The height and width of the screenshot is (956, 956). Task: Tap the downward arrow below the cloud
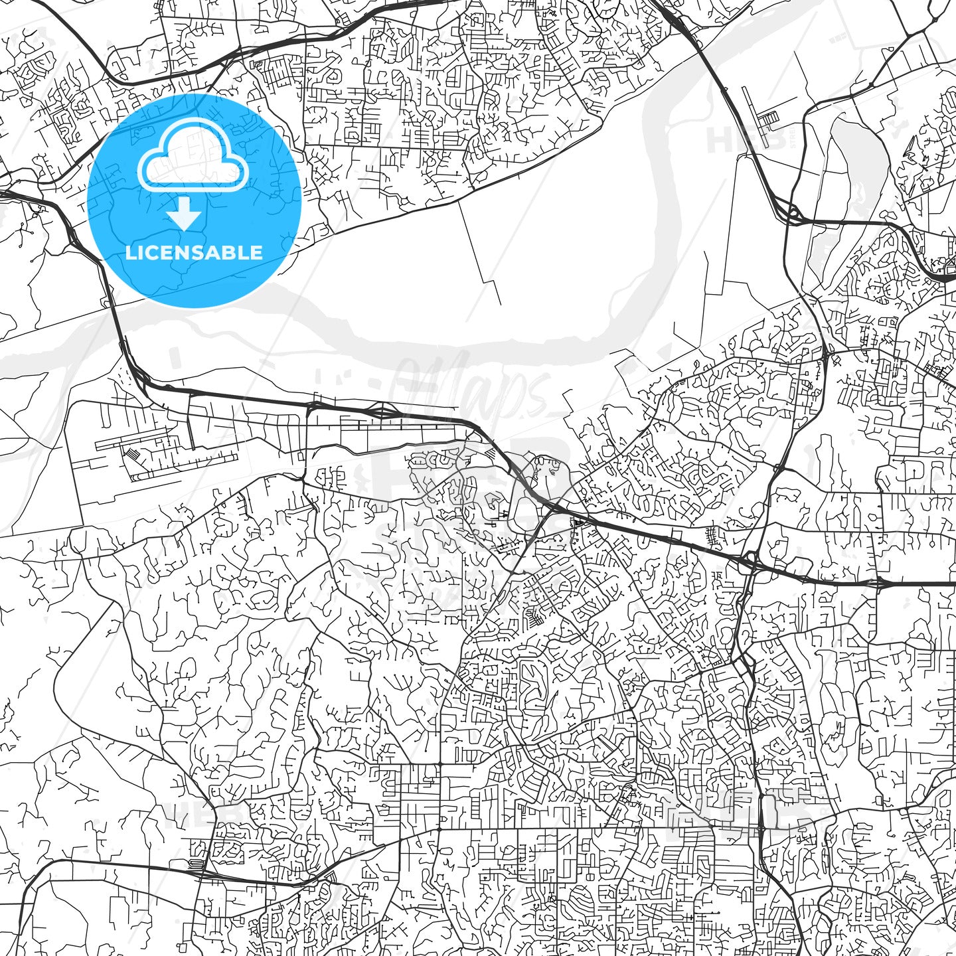(x=185, y=214)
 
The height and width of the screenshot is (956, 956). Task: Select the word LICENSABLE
(x=194, y=252)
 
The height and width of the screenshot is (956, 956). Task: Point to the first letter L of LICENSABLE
(x=130, y=252)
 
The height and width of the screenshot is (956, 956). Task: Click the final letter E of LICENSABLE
(x=256, y=252)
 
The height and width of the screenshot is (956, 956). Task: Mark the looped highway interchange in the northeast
(x=792, y=214)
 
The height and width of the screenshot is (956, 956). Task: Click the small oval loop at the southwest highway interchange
(x=195, y=864)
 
